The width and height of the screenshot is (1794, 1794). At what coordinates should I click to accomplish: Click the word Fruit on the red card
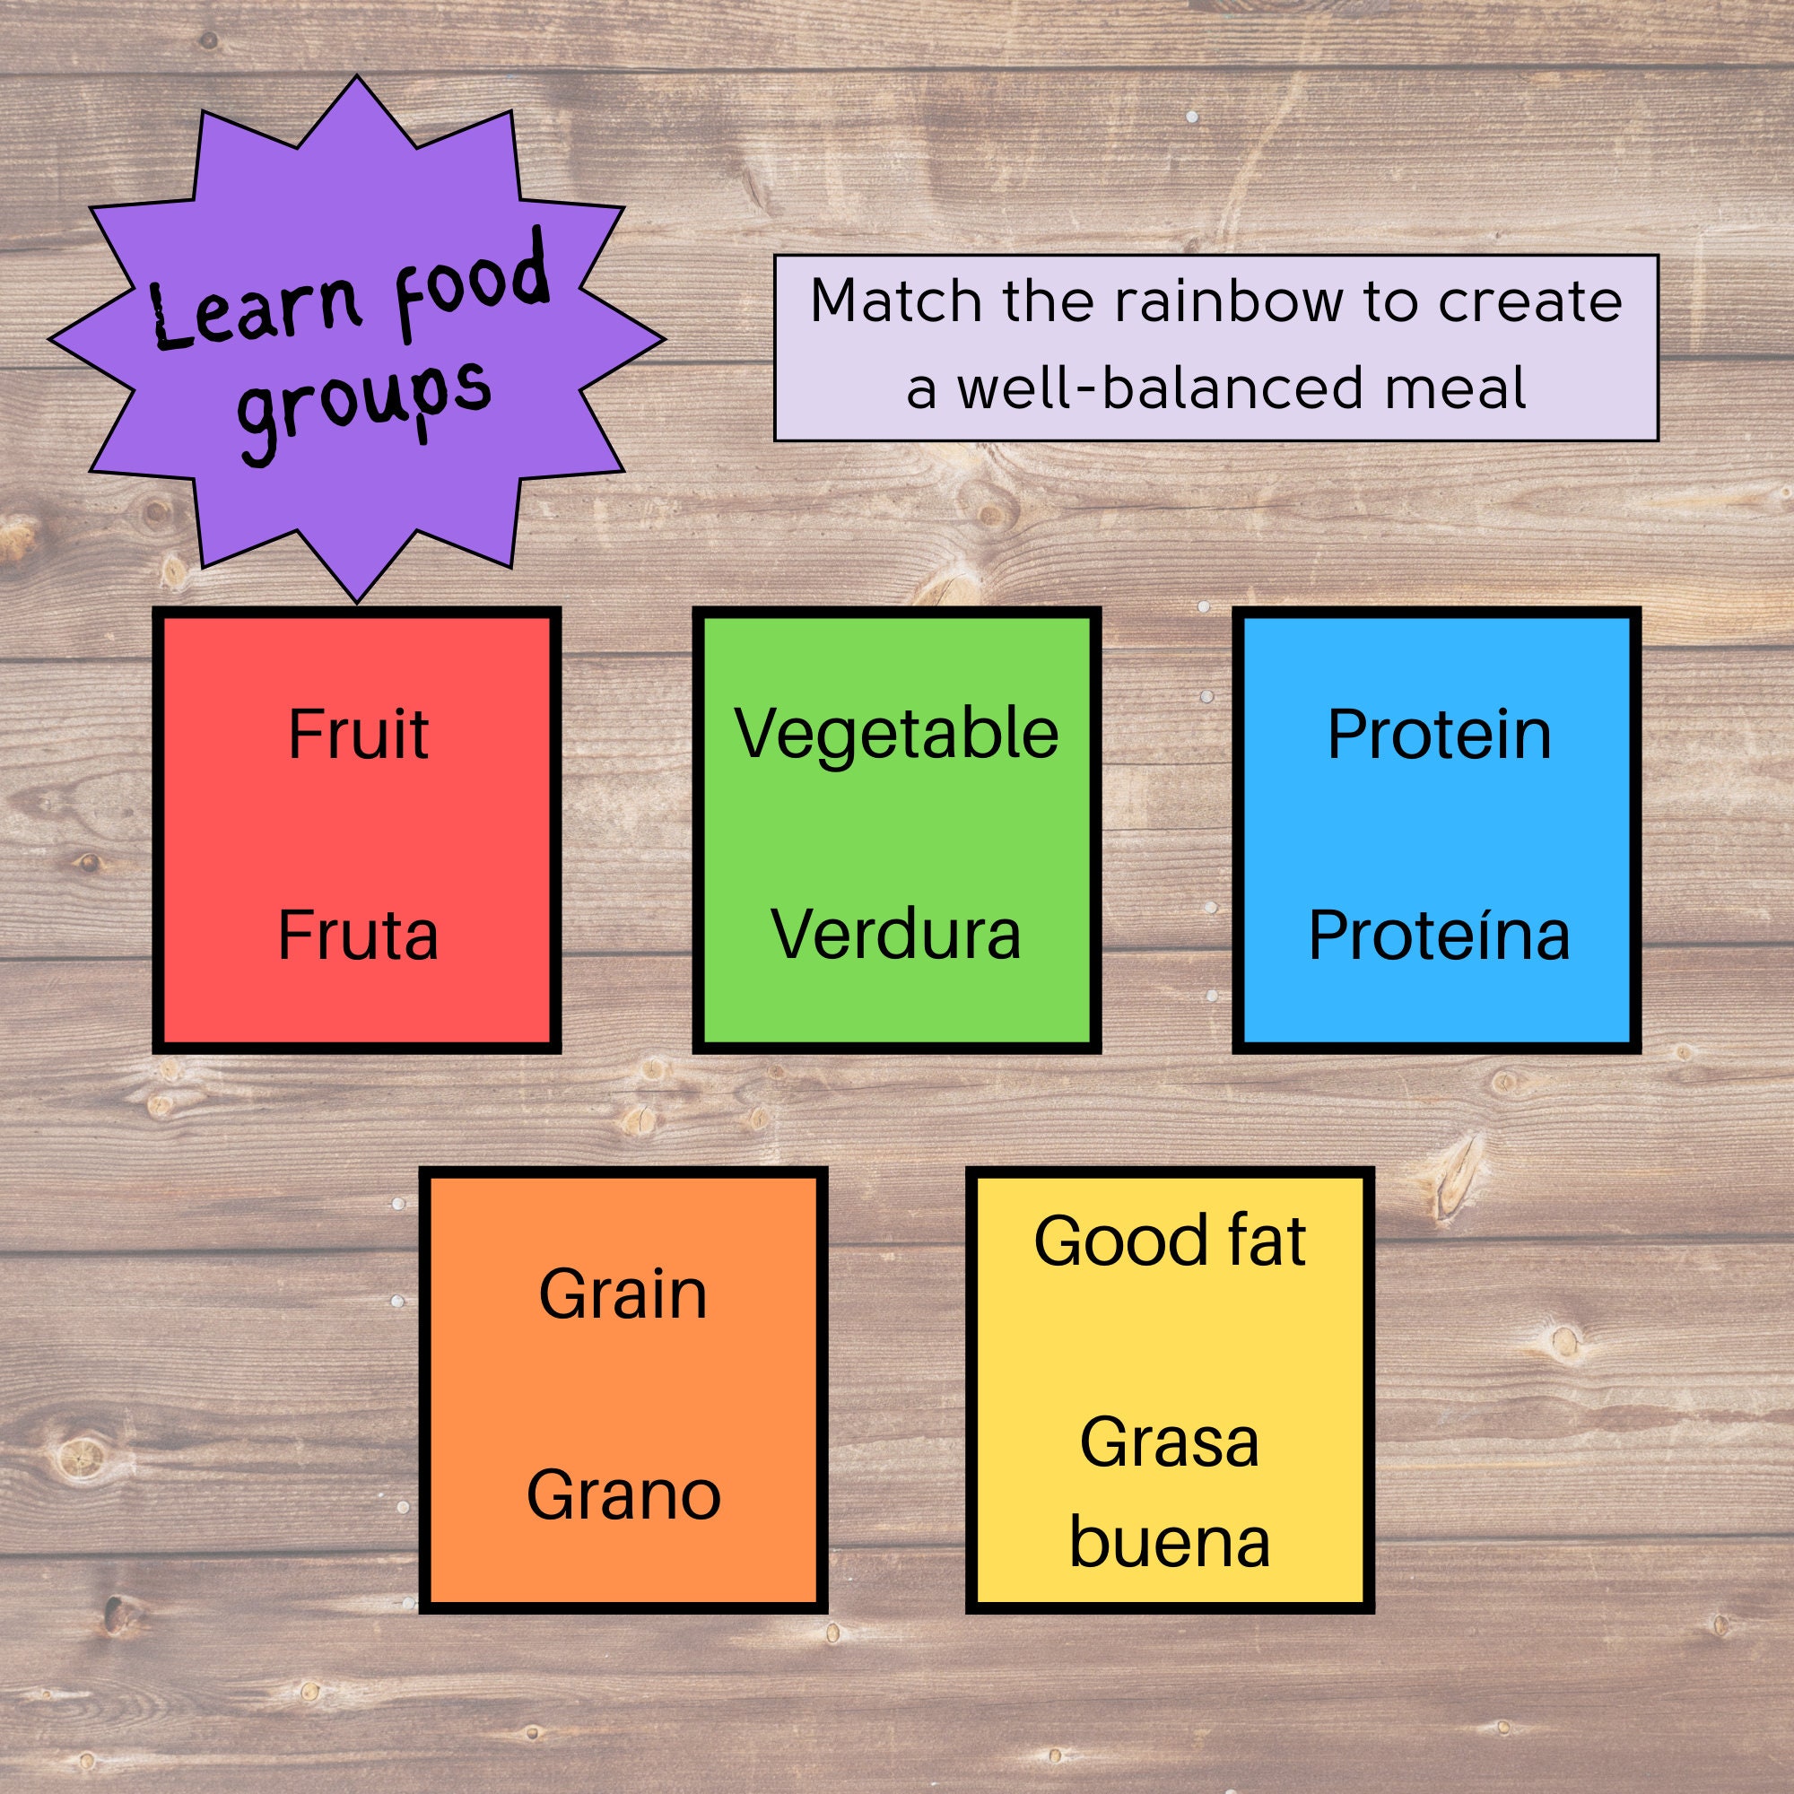[x=358, y=735]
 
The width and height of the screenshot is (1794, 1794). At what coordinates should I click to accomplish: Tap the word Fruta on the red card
[x=358, y=935]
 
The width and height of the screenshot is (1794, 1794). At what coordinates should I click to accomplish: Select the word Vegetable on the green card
[x=896, y=735]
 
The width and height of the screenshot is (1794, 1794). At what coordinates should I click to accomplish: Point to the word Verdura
[x=896, y=935]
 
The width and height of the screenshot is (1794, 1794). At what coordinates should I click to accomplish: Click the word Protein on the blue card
[x=1439, y=735]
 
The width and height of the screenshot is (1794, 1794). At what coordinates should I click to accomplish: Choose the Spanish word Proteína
[x=1439, y=935]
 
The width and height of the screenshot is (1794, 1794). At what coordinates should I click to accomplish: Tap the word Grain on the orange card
[x=623, y=1294]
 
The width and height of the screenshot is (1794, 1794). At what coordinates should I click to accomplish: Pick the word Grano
[x=623, y=1495]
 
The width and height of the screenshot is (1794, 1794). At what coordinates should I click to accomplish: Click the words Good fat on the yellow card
[x=1169, y=1241]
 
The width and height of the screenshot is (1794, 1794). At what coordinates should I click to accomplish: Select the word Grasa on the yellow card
[x=1169, y=1443]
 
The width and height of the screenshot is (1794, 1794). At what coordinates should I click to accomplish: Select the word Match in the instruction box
[x=895, y=301]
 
